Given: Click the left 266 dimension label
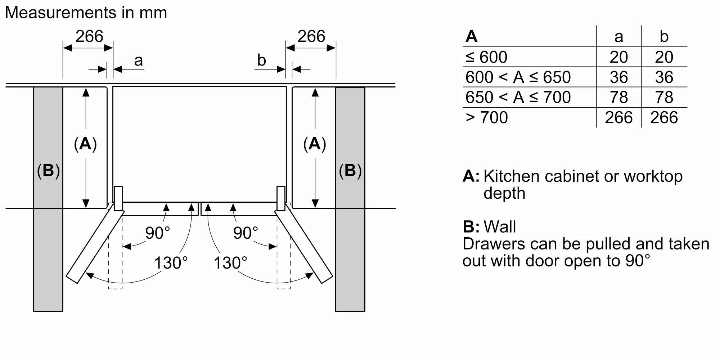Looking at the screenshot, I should (89, 36).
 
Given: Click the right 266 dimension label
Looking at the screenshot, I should (311, 36).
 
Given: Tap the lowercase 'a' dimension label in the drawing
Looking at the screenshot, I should (138, 60).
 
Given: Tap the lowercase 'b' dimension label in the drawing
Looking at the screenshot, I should (261, 60).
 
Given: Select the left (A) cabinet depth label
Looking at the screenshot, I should (85, 144).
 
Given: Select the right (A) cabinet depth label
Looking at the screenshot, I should (315, 144).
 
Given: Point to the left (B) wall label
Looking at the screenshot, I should (48, 170).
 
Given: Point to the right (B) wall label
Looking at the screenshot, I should (350, 170).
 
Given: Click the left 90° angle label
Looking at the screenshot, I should (157, 233).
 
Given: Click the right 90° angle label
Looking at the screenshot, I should (246, 233).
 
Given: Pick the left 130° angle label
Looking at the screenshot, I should (171, 263).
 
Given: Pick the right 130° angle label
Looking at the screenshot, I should (230, 263).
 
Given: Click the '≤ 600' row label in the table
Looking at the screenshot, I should (486, 57).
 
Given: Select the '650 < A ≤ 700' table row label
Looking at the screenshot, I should (518, 97).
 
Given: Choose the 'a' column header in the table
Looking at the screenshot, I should (618, 36).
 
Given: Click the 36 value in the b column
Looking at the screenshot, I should (664, 77).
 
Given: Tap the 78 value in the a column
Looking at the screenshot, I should (618, 97).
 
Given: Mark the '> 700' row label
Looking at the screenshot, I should (487, 117).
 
